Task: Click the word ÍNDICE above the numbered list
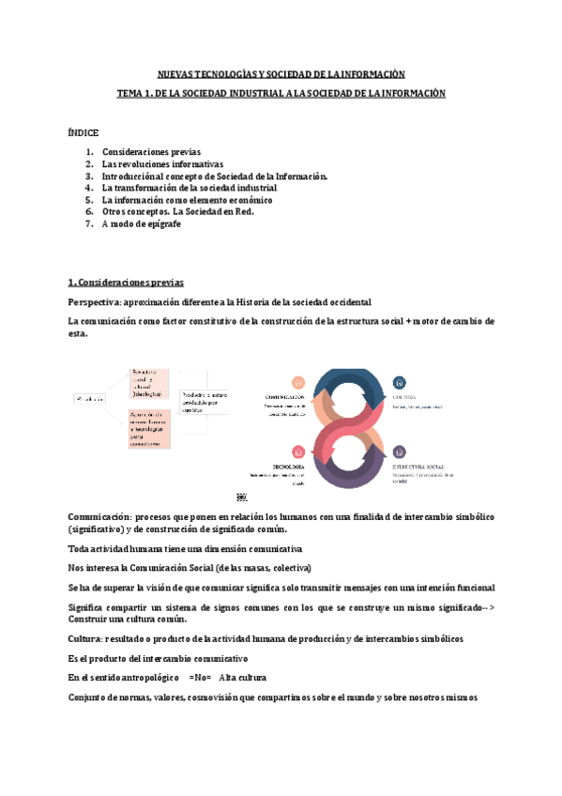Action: (83, 132)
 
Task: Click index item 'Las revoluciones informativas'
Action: (156, 163)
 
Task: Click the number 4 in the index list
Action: (88, 188)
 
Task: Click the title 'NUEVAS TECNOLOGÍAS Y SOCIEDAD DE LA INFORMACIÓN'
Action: (281, 73)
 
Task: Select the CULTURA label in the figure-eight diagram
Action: (408, 396)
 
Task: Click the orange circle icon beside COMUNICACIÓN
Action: (298, 382)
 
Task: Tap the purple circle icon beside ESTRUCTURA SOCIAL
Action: (400, 452)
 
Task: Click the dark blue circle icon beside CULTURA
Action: (400, 382)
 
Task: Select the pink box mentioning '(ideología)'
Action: (150, 382)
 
